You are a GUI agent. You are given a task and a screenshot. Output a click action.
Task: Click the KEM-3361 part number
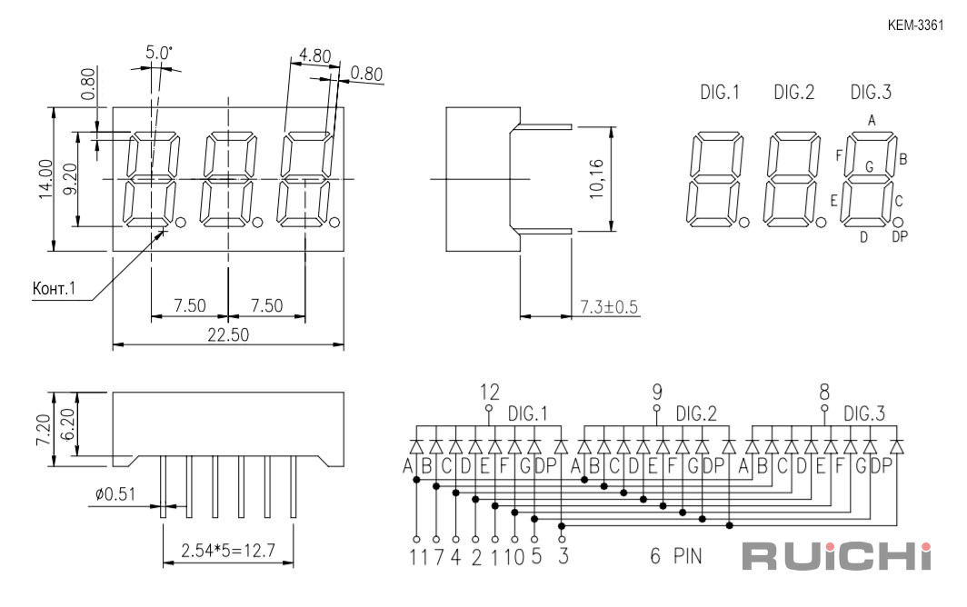pos(915,25)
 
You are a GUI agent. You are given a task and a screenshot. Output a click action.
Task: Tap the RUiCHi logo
pos(836,556)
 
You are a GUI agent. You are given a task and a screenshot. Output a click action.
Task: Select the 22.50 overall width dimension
pos(228,334)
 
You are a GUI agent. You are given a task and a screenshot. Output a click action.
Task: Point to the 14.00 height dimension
pos(46,179)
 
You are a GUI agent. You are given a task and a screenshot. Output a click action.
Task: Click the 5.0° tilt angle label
pos(159,53)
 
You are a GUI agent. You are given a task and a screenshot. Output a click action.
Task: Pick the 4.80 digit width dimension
pos(314,56)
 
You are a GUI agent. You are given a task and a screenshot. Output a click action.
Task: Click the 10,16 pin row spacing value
pos(596,179)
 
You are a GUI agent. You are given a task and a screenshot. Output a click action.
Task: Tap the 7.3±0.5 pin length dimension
pos(609,306)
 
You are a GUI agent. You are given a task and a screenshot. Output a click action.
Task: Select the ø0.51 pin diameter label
pos(115,493)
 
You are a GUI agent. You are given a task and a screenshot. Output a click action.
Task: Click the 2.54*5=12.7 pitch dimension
pos(228,550)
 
